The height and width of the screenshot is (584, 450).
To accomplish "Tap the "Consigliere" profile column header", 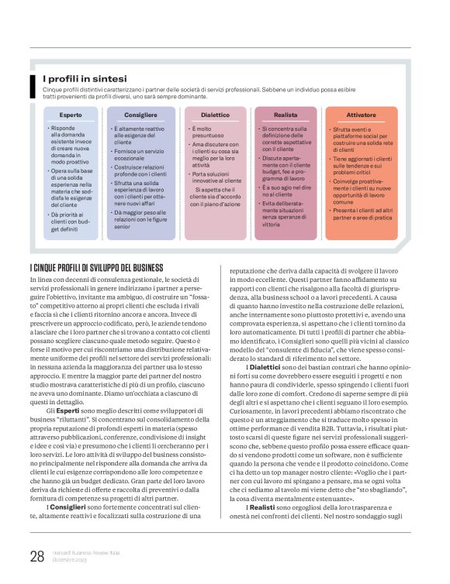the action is click(145, 114).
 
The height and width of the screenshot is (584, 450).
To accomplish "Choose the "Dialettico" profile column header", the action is click(216, 114).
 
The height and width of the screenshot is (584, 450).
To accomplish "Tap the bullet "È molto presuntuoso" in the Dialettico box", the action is click(206, 131).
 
